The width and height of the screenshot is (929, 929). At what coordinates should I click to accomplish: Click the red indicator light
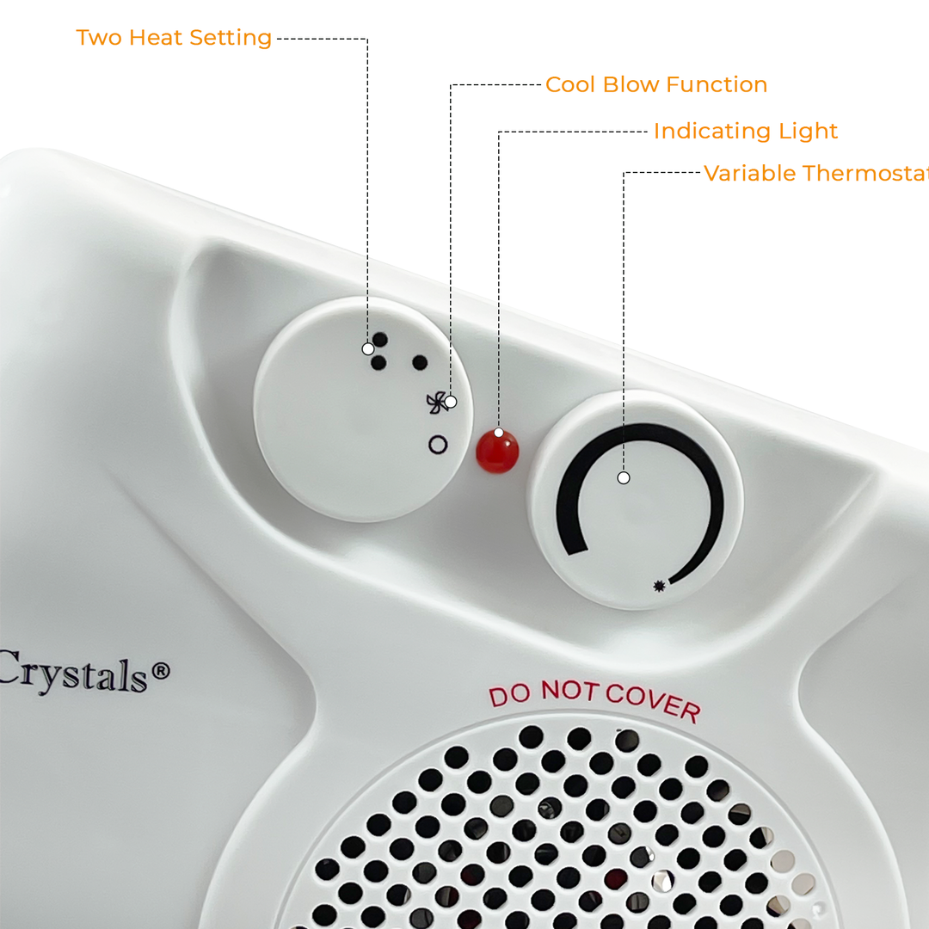[498, 448]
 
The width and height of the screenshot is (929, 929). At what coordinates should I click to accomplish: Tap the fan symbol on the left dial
[435, 402]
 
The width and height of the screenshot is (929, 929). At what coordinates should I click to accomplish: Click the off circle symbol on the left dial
[438, 445]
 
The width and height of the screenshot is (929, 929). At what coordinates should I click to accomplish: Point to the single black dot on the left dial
[420, 362]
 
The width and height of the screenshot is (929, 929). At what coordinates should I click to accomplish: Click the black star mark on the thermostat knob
[660, 586]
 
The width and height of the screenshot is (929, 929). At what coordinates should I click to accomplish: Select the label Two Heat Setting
[174, 38]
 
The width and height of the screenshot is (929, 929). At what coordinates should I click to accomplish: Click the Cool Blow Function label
[655, 84]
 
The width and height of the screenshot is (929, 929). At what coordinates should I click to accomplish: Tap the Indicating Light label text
[745, 131]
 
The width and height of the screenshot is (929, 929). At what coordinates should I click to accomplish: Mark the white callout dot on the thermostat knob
[624, 477]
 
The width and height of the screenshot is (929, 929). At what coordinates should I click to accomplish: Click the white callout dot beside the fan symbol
[451, 402]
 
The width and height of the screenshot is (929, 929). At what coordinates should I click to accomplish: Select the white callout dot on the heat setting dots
[368, 348]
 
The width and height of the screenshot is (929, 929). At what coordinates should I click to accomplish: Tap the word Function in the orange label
[717, 84]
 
